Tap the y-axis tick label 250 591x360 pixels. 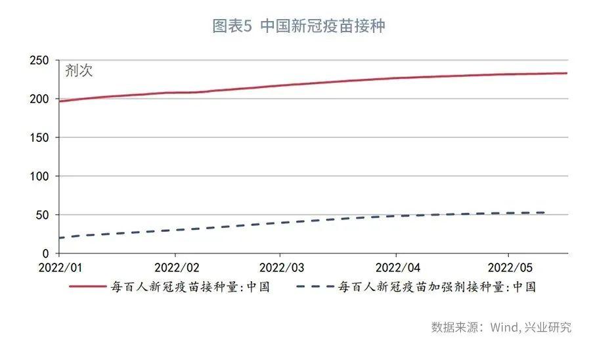point(40,60)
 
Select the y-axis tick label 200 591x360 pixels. point(40,99)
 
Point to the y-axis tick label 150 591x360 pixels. point(40,138)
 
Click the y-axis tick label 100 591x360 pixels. point(40,176)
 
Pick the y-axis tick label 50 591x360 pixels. point(43,215)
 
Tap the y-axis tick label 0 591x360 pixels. point(46,254)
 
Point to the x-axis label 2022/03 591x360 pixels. point(282,269)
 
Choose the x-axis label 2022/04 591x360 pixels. point(396,269)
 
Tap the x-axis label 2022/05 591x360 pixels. point(507,269)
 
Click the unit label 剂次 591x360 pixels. point(79,71)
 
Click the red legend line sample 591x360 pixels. point(87,286)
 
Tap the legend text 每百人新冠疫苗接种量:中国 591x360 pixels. point(190,287)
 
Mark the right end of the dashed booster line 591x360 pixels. point(544,212)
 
